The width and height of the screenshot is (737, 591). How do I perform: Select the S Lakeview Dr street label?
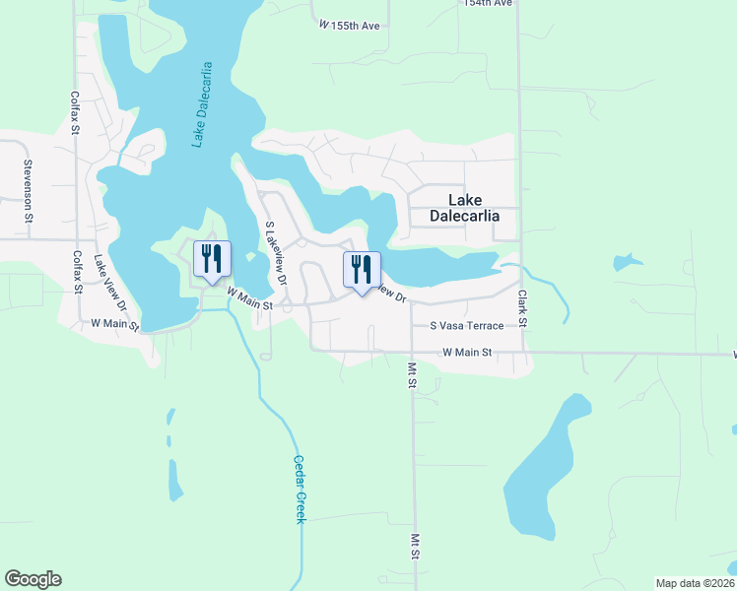(275, 253)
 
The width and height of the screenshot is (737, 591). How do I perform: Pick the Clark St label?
(523, 309)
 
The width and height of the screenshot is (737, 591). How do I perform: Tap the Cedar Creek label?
(300, 489)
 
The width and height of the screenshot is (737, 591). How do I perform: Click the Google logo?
(33, 579)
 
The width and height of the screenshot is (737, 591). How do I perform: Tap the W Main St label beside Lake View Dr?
(115, 322)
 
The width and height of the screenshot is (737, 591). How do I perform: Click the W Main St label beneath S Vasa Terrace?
(467, 352)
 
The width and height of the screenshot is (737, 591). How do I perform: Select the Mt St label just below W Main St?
(413, 375)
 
